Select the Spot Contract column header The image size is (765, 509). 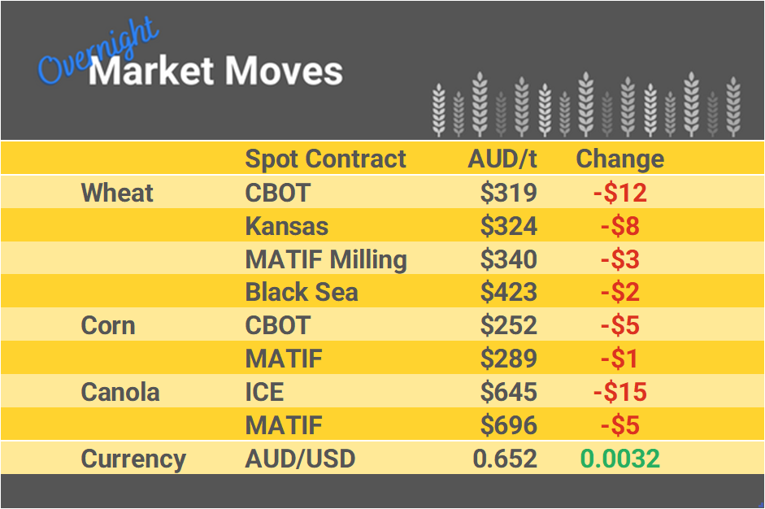tap(325, 159)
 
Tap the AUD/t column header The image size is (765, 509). tap(502, 159)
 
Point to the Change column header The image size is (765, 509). tap(619, 159)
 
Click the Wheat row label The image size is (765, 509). tap(117, 193)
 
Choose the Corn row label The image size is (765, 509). tap(108, 325)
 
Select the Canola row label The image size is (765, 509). tap(120, 392)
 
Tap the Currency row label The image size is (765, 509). tap(133, 459)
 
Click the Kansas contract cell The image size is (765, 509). tap(286, 226)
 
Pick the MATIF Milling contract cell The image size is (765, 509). tap(326, 259)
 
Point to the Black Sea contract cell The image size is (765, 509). tap(302, 293)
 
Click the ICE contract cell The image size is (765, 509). tap(264, 392)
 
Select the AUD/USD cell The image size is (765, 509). tap(300, 459)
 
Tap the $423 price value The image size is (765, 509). tap(508, 293)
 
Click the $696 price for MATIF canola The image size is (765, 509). tap(508, 425)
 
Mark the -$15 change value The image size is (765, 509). tap(619, 392)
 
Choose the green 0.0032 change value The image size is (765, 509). tap(619, 459)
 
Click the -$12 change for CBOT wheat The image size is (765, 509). tap(619, 193)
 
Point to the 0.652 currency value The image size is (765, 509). tap(505, 459)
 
